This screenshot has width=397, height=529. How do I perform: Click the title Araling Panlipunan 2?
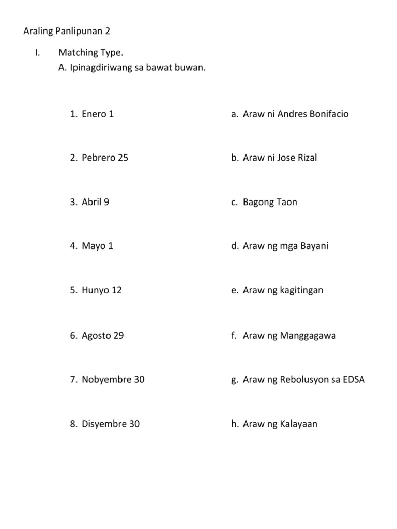coord(67,31)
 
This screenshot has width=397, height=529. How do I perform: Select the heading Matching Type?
coord(91,52)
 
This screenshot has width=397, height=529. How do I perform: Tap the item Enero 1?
coord(98,114)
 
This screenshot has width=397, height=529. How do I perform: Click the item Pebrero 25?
coord(105,158)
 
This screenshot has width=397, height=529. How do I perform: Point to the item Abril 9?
coord(95,202)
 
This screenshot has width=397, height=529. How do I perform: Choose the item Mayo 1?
coord(97,246)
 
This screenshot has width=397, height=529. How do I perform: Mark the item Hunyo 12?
coord(102,290)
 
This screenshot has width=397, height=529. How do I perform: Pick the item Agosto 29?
coord(103,335)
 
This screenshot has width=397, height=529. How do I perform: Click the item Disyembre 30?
coord(111,424)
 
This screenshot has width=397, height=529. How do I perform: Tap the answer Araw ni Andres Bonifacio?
coord(296,114)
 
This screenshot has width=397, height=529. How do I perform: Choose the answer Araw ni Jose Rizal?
coord(280,158)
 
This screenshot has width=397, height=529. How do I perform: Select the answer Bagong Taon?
coord(270,202)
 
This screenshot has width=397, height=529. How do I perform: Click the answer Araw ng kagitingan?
coord(283,290)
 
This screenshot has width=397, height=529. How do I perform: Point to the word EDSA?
coord(354,379)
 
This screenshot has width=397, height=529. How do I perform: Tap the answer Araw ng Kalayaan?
coord(280,424)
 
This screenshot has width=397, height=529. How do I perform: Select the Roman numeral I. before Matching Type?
coord(37,52)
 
